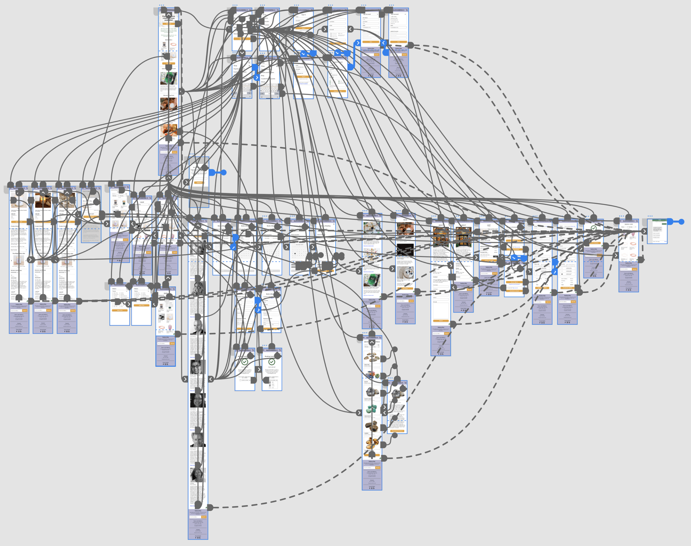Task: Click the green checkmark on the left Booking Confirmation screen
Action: [245, 362]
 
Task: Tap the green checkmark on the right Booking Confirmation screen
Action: [272, 362]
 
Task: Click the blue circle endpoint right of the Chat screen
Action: [681, 221]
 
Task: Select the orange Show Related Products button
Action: [397, 431]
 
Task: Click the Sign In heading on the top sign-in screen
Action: [303, 15]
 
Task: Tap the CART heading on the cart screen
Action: [489, 225]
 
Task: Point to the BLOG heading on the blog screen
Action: [405, 220]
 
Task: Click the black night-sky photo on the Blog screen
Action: [405, 250]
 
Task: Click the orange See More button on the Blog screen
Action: [405, 288]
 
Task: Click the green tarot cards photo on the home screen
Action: [168, 78]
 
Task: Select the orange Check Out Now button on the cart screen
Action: [489, 260]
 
